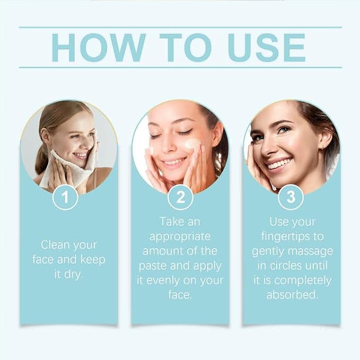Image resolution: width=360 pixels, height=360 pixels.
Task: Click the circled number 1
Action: [65, 197]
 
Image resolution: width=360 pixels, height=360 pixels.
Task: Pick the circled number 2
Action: [180, 197]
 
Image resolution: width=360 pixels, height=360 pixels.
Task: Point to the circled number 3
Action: [291, 197]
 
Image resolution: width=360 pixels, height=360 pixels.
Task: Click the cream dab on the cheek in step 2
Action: [192, 144]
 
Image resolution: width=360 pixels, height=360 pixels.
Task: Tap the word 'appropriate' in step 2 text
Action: [180, 237]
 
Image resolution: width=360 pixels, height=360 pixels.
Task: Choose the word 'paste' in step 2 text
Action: [153, 266]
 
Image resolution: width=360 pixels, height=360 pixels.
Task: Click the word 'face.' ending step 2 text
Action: [180, 295]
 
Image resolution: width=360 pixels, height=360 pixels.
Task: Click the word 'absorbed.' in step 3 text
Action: [292, 295]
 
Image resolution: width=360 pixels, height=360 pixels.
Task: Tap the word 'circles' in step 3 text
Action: [286, 266]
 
